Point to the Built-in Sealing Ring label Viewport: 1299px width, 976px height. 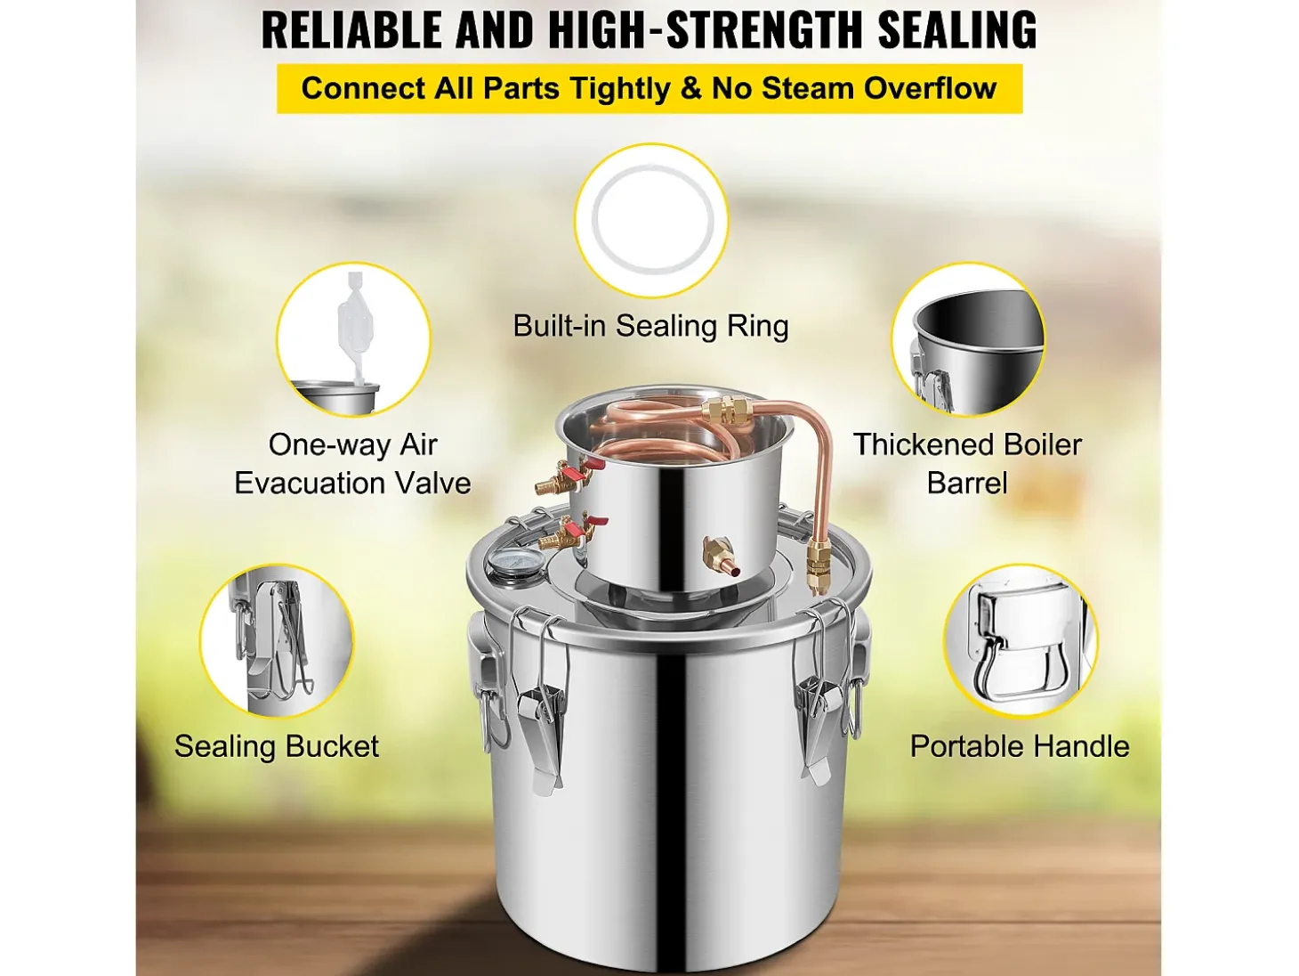click(x=650, y=326)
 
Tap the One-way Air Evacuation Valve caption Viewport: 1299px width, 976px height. click(x=352, y=464)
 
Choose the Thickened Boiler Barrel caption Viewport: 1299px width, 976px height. click(x=967, y=464)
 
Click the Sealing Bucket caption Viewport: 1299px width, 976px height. click(x=277, y=746)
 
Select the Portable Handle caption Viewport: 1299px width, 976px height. click(x=1019, y=746)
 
